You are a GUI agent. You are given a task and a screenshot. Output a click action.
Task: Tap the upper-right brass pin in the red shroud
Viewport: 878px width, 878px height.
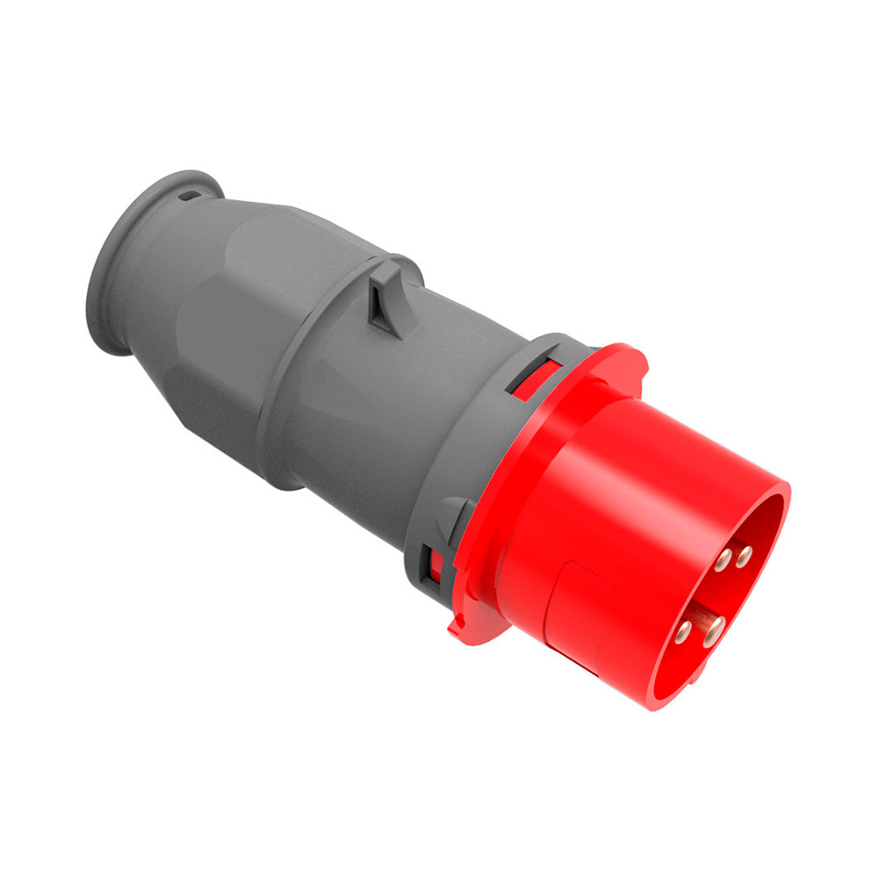tap(745, 554)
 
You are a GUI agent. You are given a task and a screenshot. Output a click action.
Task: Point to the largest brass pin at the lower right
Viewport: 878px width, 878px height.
tap(715, 627)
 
